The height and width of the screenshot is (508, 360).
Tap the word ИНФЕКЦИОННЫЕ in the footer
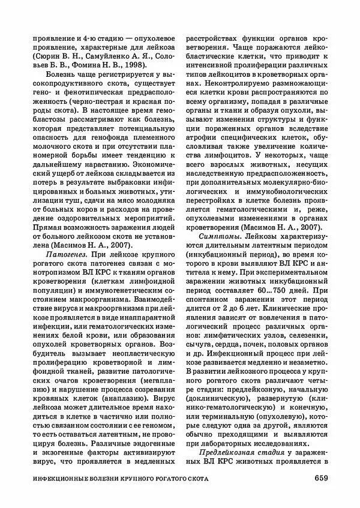[x=59, y=479]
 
